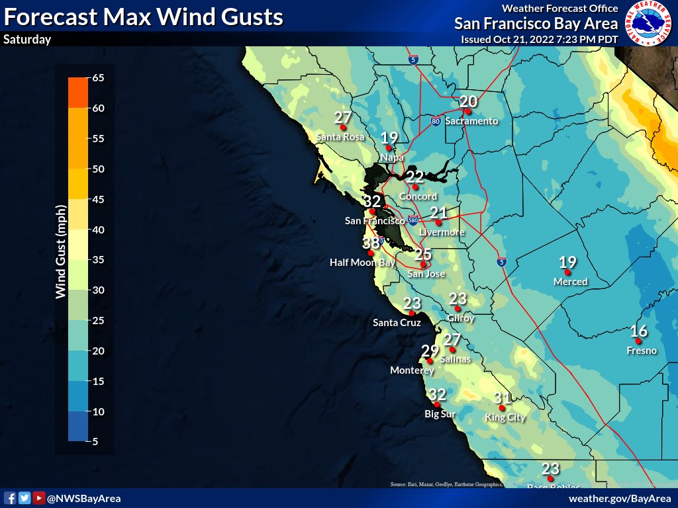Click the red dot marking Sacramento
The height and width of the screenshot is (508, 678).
coord(467,111)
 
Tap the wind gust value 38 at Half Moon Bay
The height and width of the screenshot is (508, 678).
coord(371,243)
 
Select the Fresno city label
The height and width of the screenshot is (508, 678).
coord(642,351)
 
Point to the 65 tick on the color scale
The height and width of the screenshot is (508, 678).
coord(98,78)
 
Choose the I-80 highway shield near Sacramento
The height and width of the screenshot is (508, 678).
coord(435,122)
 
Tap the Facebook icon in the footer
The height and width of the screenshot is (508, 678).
coord(10,498)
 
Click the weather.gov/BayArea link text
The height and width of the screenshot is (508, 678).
coord(620,498)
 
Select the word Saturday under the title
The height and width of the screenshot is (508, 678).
coord(27,40)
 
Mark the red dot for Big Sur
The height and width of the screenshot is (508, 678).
coord(437,404)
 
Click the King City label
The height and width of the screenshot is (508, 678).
coord(505,417)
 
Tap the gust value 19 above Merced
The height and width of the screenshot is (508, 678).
coord(567,263)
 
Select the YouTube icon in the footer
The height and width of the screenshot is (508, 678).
coord(38,498)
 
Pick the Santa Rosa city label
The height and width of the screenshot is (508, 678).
coord(340,137)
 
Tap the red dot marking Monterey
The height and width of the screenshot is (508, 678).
coord(430,361)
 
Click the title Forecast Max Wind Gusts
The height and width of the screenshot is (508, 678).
coord(143,17)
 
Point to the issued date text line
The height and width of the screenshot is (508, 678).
coord(540,39)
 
